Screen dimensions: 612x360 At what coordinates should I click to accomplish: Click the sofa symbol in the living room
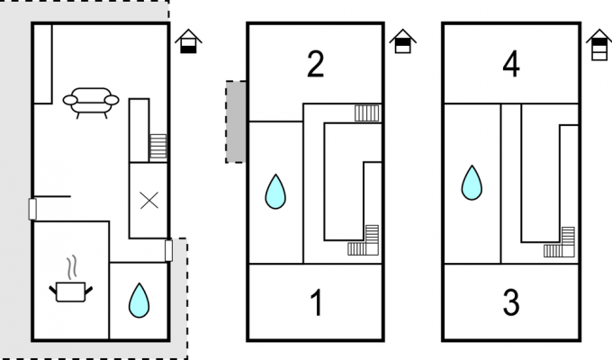[91, 103]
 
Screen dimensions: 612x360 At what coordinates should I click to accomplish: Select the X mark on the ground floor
[149, 201]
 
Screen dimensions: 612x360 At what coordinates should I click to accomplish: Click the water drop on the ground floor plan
[139, 301]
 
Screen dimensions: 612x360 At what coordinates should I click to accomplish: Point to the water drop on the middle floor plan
[275, 192]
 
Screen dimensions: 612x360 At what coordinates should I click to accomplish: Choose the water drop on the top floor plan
[472, 183]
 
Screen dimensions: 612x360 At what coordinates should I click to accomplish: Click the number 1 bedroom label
[317, 302]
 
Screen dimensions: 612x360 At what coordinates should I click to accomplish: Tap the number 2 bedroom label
[315, 64]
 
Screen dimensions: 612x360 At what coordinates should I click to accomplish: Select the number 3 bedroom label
[511, 302]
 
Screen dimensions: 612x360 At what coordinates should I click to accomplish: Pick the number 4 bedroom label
[511, 64]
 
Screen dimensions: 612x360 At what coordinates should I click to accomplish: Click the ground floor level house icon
[188, 41]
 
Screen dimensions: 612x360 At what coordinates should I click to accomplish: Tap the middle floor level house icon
[403, 41]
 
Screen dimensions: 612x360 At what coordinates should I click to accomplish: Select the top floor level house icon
[599, 45]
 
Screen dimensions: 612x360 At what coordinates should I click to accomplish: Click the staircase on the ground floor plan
[158, 147]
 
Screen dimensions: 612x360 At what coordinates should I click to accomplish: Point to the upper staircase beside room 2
[367, 113]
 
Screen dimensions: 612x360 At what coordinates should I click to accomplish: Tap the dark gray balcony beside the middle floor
[236, 121]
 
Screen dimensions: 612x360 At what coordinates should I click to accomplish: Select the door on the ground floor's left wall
[32, 209]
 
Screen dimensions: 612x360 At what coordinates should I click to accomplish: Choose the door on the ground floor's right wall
[168, 251]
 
